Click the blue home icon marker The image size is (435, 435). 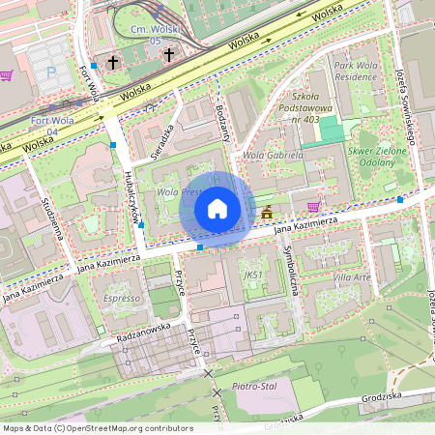coord(217,209)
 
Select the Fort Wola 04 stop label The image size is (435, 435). coord(51,125)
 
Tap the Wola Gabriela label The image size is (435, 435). coord(273,155)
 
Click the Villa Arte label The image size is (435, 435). coord(351,276)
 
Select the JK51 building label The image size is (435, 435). coord(254,275)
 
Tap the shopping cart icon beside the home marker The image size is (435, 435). coord(313,206)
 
